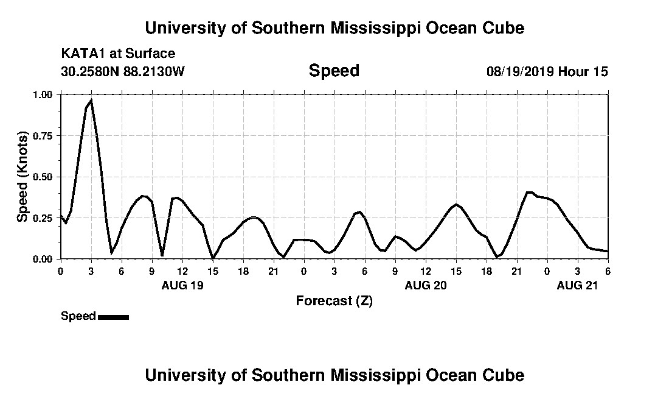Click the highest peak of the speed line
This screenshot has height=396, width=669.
click(91, 100)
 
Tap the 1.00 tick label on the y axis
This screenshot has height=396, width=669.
click(43, 94)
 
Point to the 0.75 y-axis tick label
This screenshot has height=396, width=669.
click(43, 135)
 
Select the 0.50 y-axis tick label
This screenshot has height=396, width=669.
click(43, 177)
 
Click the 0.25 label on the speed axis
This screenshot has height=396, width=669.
click(43, 217)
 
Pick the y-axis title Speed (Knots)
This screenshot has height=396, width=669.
click(23, 177)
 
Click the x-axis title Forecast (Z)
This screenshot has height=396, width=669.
click(334, 301)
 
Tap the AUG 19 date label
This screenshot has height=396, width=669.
click(182, 285)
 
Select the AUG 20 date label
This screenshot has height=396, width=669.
click(425, 285)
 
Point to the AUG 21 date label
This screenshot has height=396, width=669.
click(577, 285)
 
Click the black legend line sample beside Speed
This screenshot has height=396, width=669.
click(113, 317)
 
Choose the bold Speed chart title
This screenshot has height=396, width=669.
click(334, 71)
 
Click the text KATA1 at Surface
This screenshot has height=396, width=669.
click(118, 54)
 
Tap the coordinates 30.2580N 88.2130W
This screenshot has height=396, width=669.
click(122, 72)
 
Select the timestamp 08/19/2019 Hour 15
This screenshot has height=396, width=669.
click(547, 72)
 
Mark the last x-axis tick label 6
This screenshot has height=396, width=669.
click(608, 271)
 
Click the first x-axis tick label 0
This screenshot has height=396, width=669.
click(60, 271)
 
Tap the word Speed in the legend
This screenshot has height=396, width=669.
click(78, 316)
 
